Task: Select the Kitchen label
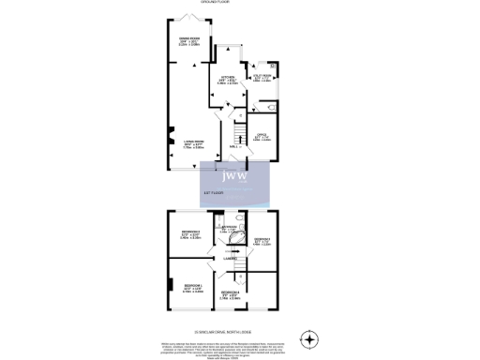tap(227, 79)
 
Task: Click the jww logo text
tap(234, 174)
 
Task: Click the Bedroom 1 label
tap(195, 284)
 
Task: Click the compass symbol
tap(309, 338)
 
